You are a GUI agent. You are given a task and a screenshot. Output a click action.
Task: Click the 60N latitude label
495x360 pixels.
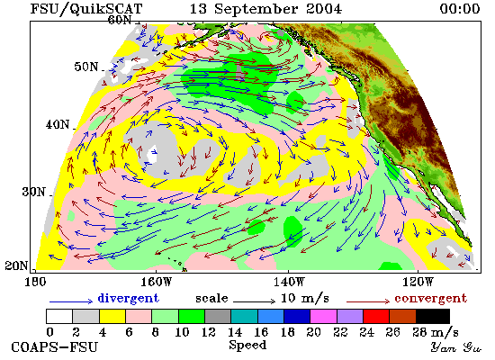pyautogui.click(x=120, y=20)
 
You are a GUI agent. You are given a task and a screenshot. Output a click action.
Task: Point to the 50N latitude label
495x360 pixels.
pyautogui.click(x=86, y=67)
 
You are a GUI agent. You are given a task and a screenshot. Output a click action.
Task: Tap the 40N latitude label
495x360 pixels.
pyautogui.click(x=58, y=124)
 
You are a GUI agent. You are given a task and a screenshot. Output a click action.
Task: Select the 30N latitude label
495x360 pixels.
pyautogui.click(x=33, y=192)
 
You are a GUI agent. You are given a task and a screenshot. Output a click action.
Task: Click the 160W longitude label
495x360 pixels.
pyautogui.click(x=156, y=282)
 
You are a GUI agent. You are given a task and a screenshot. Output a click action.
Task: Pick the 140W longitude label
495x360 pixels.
pyautogui.click(x=289, y=282)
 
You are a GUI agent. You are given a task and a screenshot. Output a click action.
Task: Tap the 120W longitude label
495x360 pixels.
pyautogui.click(x=418, y=282)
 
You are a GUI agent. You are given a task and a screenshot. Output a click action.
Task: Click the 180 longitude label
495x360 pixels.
pyautogui.click(x=35, y=282)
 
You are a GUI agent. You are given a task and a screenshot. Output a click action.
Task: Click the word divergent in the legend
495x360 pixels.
pyautogui.click(x=128, y=298)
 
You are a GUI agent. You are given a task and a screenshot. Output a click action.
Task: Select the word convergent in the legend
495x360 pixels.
pyautogui.click(x=430, y=299)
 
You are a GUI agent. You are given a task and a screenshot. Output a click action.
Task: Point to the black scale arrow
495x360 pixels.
pyautogui.click(x=254, y=301)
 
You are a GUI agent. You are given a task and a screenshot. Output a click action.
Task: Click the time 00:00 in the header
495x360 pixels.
pyautogui.click(x=460, y=8)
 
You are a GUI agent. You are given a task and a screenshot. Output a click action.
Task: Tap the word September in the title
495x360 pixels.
pyautogui.click(x=256, y=9)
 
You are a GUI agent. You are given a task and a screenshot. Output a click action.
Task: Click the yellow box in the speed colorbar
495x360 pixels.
pyautogui.click(x=112, y=316)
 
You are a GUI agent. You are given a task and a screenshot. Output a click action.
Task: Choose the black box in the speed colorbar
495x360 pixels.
pyautogui.click(x=433, y=316)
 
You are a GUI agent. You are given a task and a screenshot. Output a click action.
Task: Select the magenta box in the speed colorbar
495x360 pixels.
pyautogui.click(x=324, y=316)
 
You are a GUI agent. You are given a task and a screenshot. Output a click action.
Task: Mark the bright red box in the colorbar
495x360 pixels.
pyautogui.click(x=376, y=316)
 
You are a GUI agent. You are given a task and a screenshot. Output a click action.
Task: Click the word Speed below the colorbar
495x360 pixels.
pyautogui.click(x=247, y=345)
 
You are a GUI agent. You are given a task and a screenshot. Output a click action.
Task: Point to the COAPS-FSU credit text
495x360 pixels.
pyautogui.click(x=54, y=346)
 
